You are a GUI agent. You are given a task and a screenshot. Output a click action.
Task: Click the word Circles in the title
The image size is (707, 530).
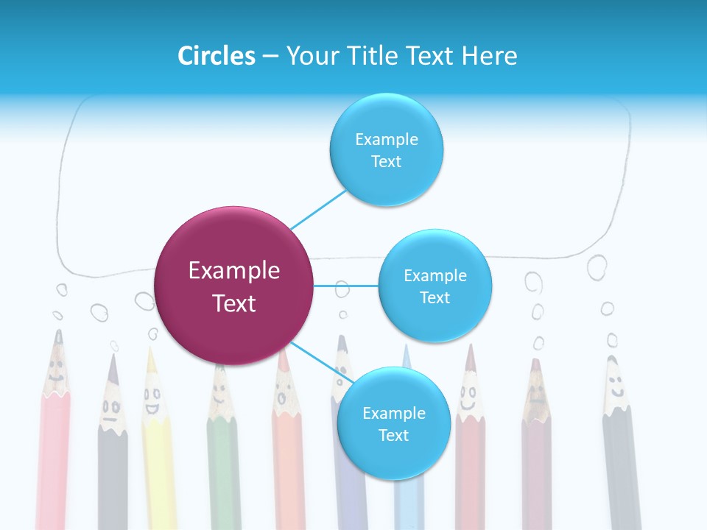pos(217,56)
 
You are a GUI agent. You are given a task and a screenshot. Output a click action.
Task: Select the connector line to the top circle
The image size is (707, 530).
pos(318,209)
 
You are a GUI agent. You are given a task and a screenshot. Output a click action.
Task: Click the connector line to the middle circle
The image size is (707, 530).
pos(346,286)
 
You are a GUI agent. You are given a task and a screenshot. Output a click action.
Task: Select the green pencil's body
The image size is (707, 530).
pos(223,471)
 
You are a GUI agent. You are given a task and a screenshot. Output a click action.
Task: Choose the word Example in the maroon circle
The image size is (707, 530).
pos(234,271)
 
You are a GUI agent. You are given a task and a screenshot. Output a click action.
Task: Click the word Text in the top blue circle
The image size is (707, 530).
pos(386,162)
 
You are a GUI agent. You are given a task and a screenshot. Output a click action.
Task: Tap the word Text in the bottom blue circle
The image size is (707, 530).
pos(393,435)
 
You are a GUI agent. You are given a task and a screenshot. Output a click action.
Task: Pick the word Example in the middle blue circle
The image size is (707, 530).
pos(435,276)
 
